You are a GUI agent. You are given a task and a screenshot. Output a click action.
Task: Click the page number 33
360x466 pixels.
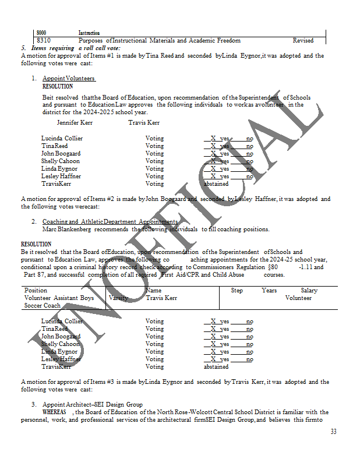(333, 432)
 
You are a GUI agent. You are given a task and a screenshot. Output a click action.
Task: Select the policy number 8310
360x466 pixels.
(43, 40)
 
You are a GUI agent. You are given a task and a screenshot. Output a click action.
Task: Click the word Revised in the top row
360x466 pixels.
(303, 40)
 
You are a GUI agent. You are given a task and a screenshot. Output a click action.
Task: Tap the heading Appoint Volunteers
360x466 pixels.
(69, 79)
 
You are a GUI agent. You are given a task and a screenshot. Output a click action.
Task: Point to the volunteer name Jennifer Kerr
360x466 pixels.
(75, 123)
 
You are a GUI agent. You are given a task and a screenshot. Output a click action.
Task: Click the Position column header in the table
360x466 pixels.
(36, 290)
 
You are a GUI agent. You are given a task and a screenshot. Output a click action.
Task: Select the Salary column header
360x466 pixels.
(309, 290)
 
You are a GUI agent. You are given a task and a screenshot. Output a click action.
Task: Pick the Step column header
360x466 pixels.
(237, 290)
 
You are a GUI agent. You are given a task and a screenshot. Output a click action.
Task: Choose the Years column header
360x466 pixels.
(269, 290)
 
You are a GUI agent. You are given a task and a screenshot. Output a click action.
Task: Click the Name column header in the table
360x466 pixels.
(153, 290)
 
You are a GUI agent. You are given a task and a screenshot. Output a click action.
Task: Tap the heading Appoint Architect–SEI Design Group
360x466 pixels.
(93, 404)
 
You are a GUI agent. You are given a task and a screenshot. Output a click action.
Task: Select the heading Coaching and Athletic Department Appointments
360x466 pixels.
(110, 222)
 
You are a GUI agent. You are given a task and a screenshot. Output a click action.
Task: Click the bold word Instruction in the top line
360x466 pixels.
(89, 33)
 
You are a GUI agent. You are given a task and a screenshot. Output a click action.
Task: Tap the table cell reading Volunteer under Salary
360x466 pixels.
(298, 298)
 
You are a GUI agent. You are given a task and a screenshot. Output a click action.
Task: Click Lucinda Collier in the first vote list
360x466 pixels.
(62, 138)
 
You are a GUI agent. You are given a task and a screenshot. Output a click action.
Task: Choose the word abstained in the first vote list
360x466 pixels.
(216, 183)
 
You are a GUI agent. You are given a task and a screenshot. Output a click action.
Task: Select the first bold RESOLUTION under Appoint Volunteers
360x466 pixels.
(58, 86)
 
